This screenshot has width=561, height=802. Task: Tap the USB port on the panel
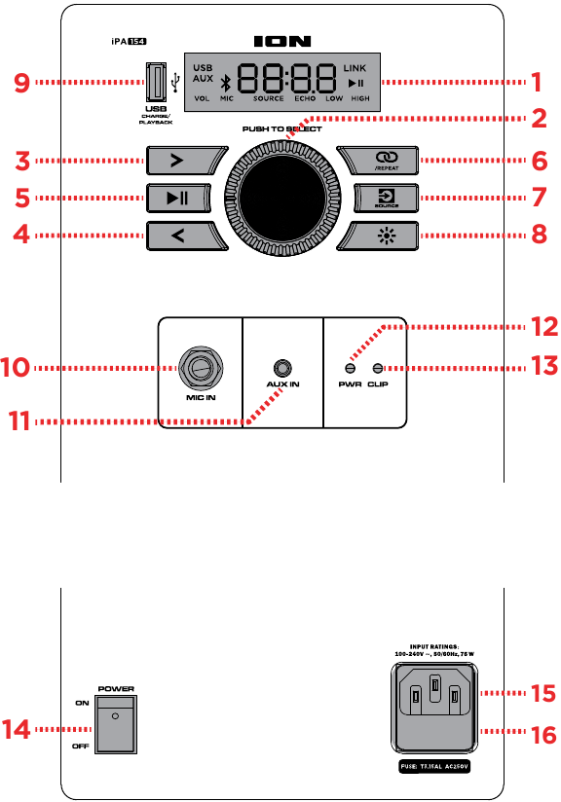(x=155, y=83)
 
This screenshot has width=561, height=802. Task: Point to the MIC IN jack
(x=202, y=369)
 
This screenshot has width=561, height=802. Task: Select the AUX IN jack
(x=282, y=369)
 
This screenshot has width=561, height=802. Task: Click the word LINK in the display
(x=356, y=68)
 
